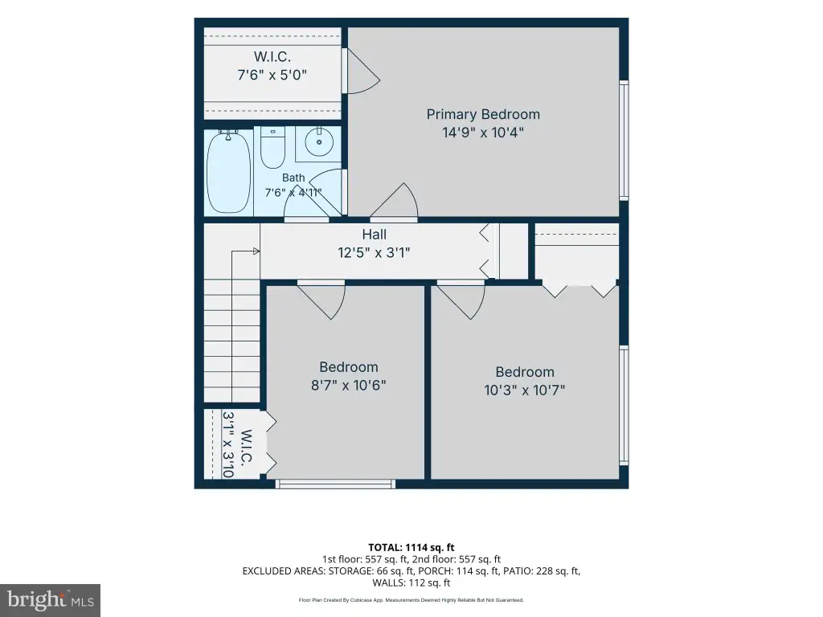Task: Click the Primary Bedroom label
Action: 483,114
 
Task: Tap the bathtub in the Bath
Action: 228,172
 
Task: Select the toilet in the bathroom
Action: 272,147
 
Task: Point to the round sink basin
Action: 319,141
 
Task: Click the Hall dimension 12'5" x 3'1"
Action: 374,253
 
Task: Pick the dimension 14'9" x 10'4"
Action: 483,133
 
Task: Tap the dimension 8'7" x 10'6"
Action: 349,385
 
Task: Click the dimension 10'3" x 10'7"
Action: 524,390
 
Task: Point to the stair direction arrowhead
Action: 256,251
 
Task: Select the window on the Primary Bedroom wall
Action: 624,140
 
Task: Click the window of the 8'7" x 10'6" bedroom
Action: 335,484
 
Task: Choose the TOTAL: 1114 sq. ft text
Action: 411,548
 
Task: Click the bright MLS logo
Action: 51,599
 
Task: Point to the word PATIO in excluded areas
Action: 516,571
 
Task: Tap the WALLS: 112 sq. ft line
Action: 411,582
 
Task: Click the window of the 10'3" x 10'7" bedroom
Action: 624,406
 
